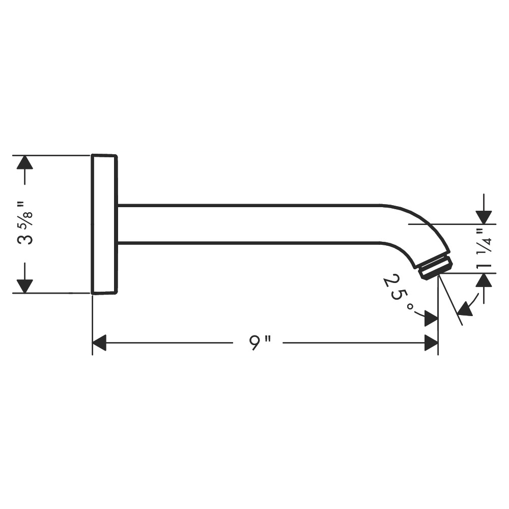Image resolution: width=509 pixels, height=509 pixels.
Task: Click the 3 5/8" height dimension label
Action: point(25,223)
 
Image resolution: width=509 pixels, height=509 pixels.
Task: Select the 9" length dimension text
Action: point(260,342)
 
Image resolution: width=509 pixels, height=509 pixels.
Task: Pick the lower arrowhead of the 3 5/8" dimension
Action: point(25,286)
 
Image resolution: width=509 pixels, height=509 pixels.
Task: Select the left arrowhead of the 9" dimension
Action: point(99,343)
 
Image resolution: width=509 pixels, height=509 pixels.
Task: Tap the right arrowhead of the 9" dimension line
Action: point(432,343)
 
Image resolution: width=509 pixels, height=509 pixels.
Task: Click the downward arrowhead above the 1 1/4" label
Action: point(484,217)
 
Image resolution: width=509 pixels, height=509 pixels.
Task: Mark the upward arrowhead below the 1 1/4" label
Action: point(484,280)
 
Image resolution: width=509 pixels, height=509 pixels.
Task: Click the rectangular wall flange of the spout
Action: point(104,224)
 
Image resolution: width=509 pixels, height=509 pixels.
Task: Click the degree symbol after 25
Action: point(411,307)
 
